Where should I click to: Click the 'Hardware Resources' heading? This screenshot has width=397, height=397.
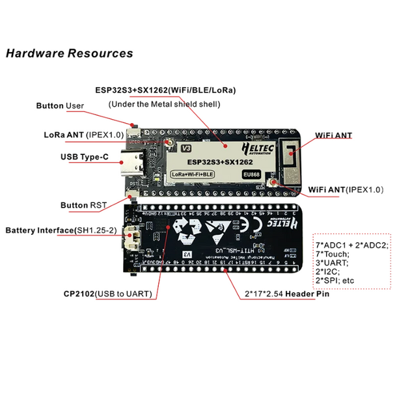pos(69,53)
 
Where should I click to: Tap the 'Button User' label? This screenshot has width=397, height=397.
pos(60,105)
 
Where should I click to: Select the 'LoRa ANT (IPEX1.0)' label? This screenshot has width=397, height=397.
pos(79,135)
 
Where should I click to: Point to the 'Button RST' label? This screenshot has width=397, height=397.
pos(83,205)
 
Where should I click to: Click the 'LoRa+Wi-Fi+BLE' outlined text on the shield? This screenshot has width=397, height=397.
pos(191,174)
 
